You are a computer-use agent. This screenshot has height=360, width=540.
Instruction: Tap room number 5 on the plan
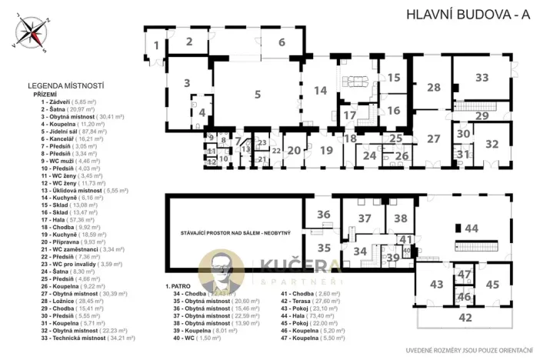pyautogui.click(x=258, y=95)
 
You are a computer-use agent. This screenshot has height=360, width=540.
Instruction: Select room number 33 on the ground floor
pyautogui.click(x=482, y=78)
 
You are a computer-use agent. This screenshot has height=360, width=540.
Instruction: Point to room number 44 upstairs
pyautogui.click(x=471, y=228)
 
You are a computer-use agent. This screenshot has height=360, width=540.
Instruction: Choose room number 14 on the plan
pyautogui.click(x=320, y=91)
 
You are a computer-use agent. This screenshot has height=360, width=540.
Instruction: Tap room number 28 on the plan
pyautogui.click(x=434, y=87)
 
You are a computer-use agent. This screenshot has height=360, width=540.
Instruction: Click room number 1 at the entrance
pyautogui.click(x=155, y=45)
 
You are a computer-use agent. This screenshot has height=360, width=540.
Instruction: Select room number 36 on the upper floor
pyautogui.click(x=324, y=215)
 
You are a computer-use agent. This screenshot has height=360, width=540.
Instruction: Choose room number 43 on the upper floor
pyautogui.click(x=436, y=285)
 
